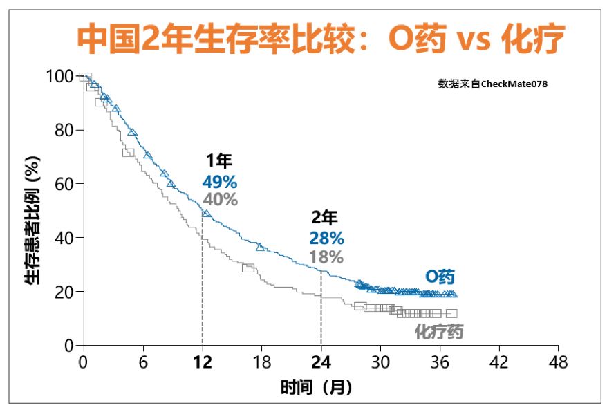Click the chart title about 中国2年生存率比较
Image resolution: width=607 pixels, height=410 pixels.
[x=320, y=39]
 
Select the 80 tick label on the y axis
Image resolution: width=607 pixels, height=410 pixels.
[x=63, y=130]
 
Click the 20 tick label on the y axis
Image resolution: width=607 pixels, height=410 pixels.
[x=63, y=291]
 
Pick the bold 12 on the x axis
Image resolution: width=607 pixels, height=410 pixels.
[x=202, y=362]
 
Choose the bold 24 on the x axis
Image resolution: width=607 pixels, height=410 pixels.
[x=321, y=362]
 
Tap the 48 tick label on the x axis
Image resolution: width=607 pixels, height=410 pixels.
[x=558, y=362]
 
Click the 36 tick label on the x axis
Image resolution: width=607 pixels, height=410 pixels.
[x=440, y=362]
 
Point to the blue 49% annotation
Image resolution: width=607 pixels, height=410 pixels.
[x=220, y=182]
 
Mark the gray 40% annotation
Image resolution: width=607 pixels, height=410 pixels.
[x=220, y=200]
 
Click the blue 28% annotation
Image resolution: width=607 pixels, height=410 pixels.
[x=326, y=239]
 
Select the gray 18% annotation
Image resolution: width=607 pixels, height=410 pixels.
[x=326, y=257]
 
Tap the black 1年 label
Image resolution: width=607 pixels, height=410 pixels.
[x=219, y=162]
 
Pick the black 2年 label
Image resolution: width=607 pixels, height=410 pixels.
[x=324, y=218]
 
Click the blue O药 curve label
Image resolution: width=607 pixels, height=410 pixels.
[x=440, y=277]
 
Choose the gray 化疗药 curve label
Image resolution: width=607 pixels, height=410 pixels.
[x=438, y=331]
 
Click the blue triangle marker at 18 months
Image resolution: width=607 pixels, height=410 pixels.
[x=261, y=247]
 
